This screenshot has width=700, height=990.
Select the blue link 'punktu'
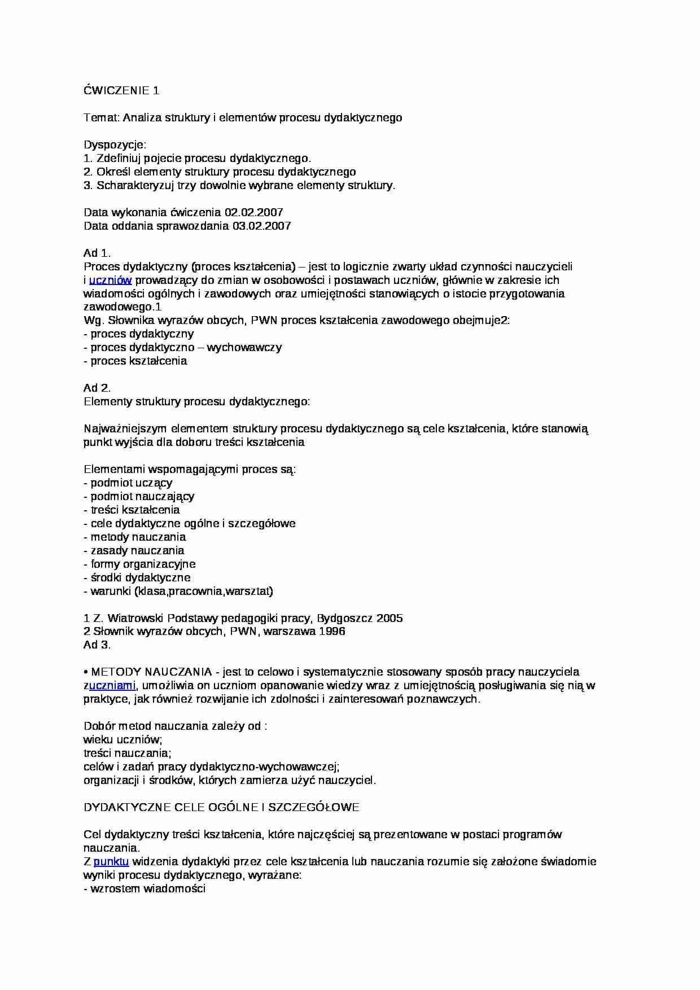(111, 861)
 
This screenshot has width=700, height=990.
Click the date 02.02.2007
(253, 212)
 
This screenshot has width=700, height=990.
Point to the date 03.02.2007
(261, 226)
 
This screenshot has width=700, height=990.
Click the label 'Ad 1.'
(97, 253)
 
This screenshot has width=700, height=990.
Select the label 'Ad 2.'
(97, 388)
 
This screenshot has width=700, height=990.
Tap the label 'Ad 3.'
(97, 645)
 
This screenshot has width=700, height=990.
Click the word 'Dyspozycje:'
(115, 144)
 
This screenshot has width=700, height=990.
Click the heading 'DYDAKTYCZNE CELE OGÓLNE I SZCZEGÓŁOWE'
(221, 807)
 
